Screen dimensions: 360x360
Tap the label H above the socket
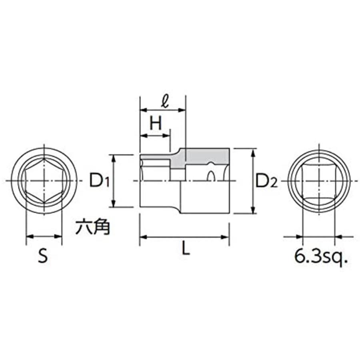155,124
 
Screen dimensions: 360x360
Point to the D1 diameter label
99,181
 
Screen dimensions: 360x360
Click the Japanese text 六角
92,228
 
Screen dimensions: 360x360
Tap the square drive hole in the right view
319,181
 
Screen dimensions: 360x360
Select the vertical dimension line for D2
253,181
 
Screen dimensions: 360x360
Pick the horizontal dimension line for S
44,236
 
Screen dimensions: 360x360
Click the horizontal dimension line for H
155,136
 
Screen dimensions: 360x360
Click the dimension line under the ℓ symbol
163,110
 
